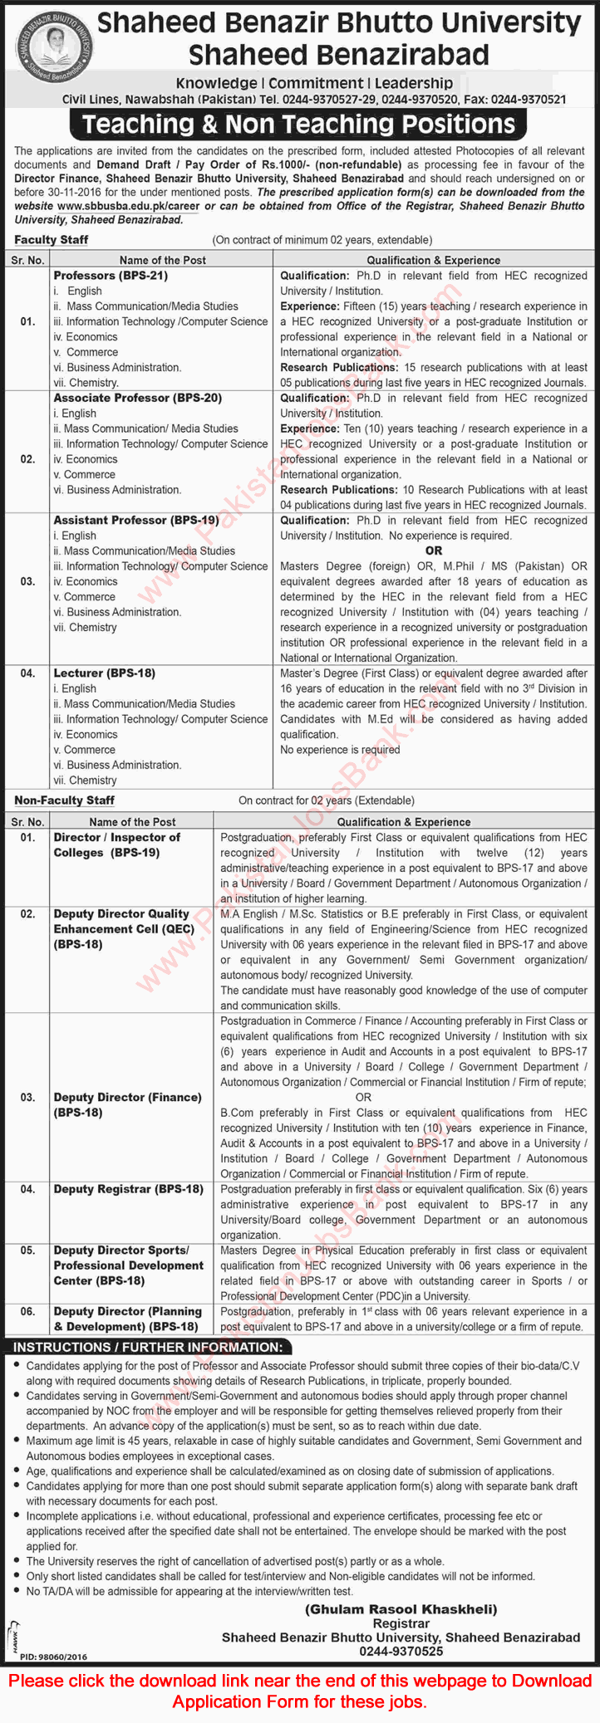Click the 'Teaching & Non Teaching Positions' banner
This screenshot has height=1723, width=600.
(x=299, y=125)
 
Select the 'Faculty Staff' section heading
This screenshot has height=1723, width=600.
(x=52, y=240)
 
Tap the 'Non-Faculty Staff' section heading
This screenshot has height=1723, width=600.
(x=64, y=800)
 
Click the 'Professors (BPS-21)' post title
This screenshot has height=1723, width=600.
(x=108, y=276)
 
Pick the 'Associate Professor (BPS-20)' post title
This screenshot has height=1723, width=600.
(x=138, y=398)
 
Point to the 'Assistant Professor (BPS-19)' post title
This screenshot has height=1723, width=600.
(x=136, y=521)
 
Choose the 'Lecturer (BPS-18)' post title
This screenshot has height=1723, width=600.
(x=104, y=673)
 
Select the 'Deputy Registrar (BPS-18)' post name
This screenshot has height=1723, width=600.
(x=128, y=1189)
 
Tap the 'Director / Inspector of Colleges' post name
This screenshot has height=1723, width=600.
(x=116, y=845)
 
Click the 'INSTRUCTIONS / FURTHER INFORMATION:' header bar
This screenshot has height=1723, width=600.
(x=147, y=1347)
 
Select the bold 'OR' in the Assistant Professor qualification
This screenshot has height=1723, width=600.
(x=433, y=551)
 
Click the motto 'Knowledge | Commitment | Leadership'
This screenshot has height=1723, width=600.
(x=314, y=83)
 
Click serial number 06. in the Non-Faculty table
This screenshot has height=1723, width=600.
(x=28, y=1312)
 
